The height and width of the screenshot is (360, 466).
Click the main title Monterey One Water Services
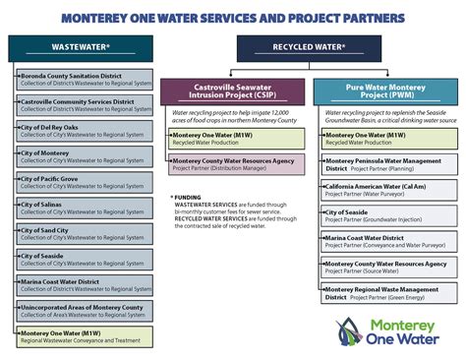[232, 17]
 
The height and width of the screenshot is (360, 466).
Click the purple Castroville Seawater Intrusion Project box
[232, 92]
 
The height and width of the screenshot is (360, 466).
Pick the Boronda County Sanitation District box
[86, 77]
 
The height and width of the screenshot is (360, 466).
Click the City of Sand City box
[86, 232]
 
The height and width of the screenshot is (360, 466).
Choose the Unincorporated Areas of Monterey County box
[86, 310]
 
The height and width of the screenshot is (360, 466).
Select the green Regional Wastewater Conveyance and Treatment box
[86, 336]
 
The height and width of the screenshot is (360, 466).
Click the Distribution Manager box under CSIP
[236, 164]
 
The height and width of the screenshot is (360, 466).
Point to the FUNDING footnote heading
[190, 198]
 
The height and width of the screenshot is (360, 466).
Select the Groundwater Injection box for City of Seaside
[387, 215]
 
